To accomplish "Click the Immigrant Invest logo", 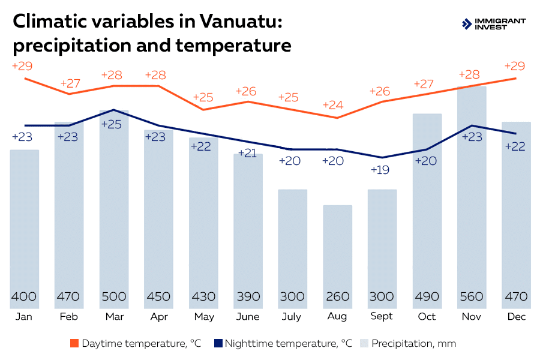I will tap(493, 23).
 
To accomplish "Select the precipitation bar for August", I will tap(337, 252).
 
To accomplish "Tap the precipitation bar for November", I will tap(472, 192).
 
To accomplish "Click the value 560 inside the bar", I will tap(472, 296).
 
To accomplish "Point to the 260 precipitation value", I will tap(337, 296).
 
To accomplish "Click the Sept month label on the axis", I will tap(382, 316).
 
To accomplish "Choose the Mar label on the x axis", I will tap(114, 316).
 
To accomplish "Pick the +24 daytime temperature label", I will tap(333, 105).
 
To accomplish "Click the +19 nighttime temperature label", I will tap(379, 170).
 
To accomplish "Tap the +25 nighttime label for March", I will tap(112, 125).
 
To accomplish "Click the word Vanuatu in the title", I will tap(236, 22).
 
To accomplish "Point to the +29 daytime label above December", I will tap(515, 66).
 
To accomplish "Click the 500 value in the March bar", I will tap(113, 296).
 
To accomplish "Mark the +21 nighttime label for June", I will tap(247, 153).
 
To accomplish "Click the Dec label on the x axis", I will tap(516, 316).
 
